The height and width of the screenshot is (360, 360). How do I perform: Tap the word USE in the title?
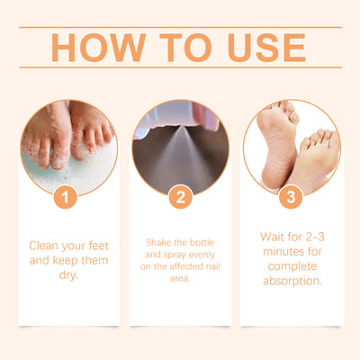(x=266, y=48)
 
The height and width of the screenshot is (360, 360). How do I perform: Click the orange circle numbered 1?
(x=66, y=197)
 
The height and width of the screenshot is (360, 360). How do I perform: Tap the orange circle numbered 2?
(x=180, y=197)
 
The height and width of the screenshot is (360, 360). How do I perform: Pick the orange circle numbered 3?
(x=291, y=197)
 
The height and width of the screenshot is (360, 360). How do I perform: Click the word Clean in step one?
(x=43, y=246)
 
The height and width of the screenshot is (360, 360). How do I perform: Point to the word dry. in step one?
(x=68, y=275)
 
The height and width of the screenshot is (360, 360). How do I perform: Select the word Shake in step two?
(x=158, y=242)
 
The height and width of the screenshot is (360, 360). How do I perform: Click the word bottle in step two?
(x=201, y=242)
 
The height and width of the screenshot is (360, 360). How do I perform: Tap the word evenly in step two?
(x=200, y=255)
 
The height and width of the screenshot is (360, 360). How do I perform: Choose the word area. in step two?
(x=180, y=278)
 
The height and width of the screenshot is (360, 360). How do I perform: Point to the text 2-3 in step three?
(x=315, y=237)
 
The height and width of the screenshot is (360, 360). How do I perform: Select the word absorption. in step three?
(x=292, y=281)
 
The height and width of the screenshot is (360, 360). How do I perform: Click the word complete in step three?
(x=292, y=266)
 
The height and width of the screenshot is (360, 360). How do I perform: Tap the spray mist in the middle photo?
(x=179, y=156)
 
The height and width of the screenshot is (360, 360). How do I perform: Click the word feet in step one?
(x=99, y=246)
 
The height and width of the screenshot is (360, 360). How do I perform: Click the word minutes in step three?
(x=282, y=251)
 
